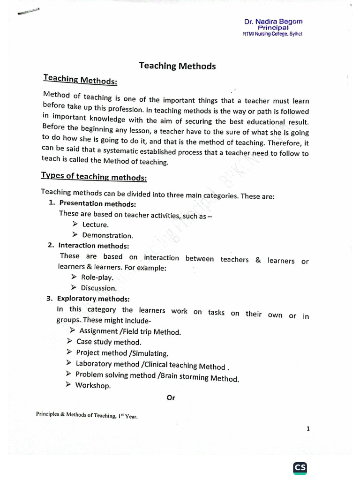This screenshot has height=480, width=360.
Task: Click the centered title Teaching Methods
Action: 177,66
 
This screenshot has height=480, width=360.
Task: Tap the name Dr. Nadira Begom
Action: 273,22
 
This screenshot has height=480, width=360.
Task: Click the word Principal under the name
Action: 273,28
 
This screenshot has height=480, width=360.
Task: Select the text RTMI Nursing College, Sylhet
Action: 272,34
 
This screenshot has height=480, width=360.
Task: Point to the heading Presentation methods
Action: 97,204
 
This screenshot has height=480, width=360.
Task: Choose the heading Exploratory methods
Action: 93,299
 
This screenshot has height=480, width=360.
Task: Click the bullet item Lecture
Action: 96,225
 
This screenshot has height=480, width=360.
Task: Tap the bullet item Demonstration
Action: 107,235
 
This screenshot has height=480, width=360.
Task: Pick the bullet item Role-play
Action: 97,277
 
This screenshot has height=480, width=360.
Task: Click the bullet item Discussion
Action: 98,288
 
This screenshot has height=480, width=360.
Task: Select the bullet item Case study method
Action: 108,342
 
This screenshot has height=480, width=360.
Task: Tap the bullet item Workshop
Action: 93,386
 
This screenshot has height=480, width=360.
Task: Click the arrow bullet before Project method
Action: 68,352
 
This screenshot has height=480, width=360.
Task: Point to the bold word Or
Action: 171,398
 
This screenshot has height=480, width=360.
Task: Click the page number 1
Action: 308,428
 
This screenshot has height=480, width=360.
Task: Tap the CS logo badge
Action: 300,468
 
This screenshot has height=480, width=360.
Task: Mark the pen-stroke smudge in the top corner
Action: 28,12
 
